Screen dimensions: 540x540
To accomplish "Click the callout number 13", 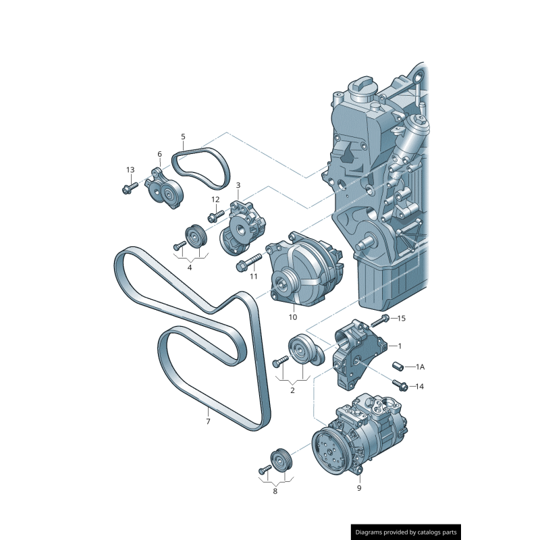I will click(130, 169).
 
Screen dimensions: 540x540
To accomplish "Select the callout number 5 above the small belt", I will click(183, 137).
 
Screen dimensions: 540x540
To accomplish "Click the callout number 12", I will click(215, 200).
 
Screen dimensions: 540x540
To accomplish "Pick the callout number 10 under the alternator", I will click(293, 317).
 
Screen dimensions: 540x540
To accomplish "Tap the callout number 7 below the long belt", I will click(208, 422).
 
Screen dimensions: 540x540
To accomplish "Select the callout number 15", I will click(402, 317).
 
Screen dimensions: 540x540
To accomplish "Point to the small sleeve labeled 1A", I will click(398, 367).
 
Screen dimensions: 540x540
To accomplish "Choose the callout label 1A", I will click(421, 367).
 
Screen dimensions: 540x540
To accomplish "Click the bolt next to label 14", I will click(400, 385).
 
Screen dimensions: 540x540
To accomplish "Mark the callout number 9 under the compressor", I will click(359, 488).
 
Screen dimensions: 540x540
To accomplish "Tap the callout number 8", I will click(275, 491).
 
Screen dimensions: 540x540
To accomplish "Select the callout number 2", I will click(292, 389).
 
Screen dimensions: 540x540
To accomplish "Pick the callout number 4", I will click(190, 267).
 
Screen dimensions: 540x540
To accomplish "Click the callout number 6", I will click(160, 155).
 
